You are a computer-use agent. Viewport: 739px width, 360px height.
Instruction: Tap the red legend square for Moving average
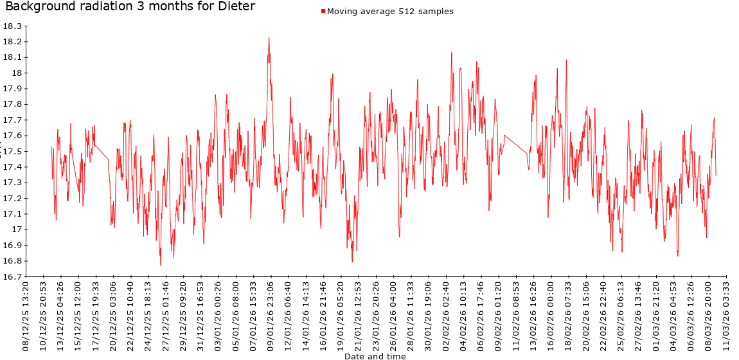point(323,11)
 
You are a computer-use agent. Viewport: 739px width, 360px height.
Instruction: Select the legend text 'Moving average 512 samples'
point(390,11)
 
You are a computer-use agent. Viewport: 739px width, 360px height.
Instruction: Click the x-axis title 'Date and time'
point(375,355)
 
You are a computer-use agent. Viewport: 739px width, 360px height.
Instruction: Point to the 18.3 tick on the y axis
point(12,26)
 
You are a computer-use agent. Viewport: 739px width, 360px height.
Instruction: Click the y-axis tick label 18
point(16,73)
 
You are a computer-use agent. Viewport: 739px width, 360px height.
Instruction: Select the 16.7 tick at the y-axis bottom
point(12,277)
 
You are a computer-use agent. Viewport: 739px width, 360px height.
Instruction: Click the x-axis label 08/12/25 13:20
point(26,315)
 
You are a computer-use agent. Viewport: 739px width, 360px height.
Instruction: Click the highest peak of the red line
point(269,38)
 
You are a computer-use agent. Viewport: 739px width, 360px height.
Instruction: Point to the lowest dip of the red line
point(161,265)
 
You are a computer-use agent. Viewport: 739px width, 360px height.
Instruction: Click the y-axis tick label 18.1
point(12,58)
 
